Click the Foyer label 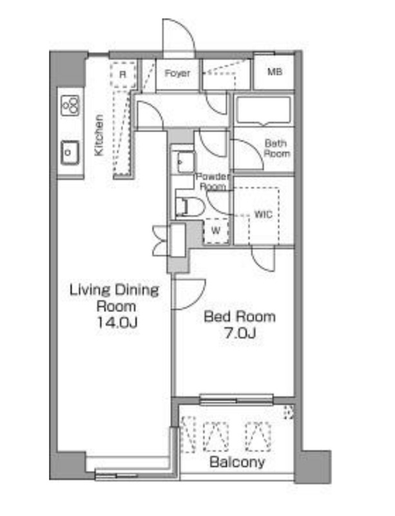(x=177, y=74)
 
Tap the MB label (x=275, y=72)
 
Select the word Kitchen (x=99, y=135)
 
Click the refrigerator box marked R (x=122, y=75)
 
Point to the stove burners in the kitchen (x=70, y=105)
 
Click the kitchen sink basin (x=70, y=152)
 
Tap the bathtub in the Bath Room (x=264, y=111)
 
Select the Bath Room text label (x=277, y=148)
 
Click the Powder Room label (x=213, y=182)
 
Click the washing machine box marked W (x=216, y=231)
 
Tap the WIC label (x=264, y=215)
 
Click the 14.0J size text (x=117, y=323)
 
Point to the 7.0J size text (x=240, y=333)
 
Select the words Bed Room (x=240, y=317)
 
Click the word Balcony (x=237, y=462)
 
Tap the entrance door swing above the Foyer (x=179, y=35)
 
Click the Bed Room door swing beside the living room (x=189, y=295)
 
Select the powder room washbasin (x=186, y=162)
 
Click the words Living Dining (x=114, y=291)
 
